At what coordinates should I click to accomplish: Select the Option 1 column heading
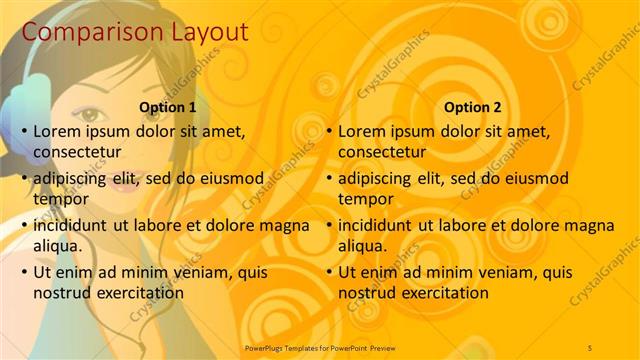(x=166, y=108)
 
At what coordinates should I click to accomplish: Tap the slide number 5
(x=590, y=346)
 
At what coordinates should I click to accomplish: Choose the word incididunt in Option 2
(x=376, y=225)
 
